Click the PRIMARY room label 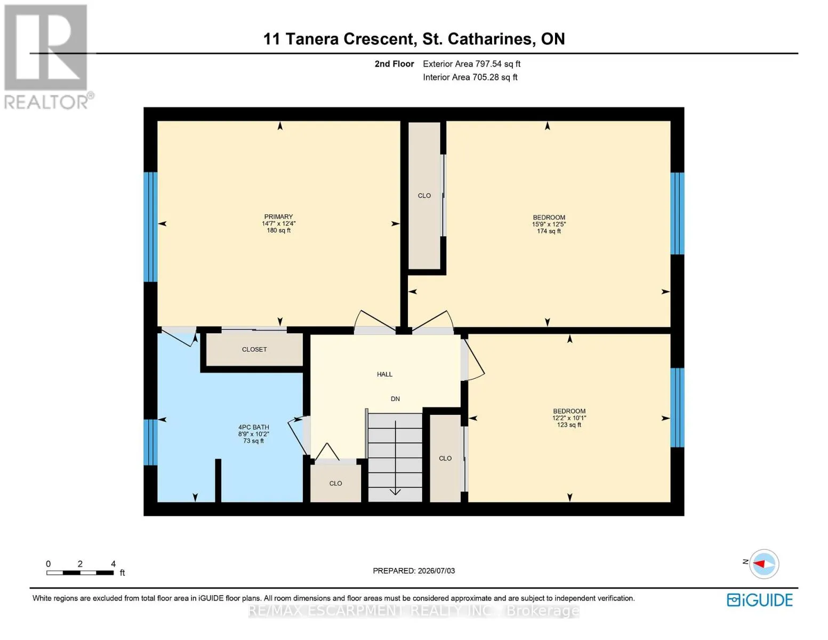278,217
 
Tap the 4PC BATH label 254,427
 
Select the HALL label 384,374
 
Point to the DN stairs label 395,399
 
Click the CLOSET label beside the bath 254,349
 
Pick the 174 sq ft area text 549,231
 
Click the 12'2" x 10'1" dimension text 569,418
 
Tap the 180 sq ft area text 278,230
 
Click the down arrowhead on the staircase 395,492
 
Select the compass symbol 763,564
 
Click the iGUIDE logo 759,600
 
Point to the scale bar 80,572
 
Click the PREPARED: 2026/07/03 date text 413,571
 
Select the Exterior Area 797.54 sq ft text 471,64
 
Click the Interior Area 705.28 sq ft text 470,77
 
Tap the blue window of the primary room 150,227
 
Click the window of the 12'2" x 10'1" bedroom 677,407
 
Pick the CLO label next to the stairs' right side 445,458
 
